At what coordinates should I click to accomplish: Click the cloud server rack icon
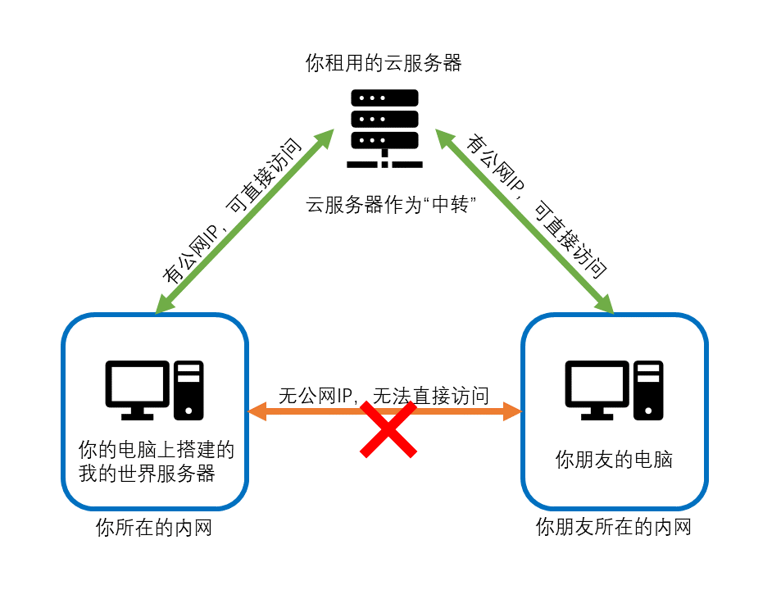[x=384, y=129]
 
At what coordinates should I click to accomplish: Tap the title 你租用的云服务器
[x=384, y=63]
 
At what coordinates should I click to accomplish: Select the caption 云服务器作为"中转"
[x=391, y=204]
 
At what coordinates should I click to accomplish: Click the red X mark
[x=388, y=429]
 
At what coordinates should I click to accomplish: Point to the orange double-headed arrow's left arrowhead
[x=257, y=411]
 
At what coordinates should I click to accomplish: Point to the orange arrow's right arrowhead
[x=512, y=411]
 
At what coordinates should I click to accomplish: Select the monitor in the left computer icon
[x=138, y=390]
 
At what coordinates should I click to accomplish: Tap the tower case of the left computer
[x=188, y=390]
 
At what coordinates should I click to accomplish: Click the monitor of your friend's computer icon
[x=597, y=390]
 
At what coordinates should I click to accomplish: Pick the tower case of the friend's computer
[x=648, y=390]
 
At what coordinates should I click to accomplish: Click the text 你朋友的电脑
[x=614, y=459]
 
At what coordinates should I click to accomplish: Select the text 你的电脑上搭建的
[x=157, y=450]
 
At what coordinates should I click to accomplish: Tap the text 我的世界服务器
[x=147, y=474]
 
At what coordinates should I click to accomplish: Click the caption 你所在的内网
[x=154, y=528]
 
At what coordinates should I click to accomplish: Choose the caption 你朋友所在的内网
[x=614, y=526]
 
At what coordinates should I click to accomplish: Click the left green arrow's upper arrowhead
[x=324, y=138]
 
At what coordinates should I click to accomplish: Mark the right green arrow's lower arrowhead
[x=604, y=303]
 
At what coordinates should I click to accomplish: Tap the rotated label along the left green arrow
[x=232, y=211]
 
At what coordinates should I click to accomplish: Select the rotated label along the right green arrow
[x=536, y=206]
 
